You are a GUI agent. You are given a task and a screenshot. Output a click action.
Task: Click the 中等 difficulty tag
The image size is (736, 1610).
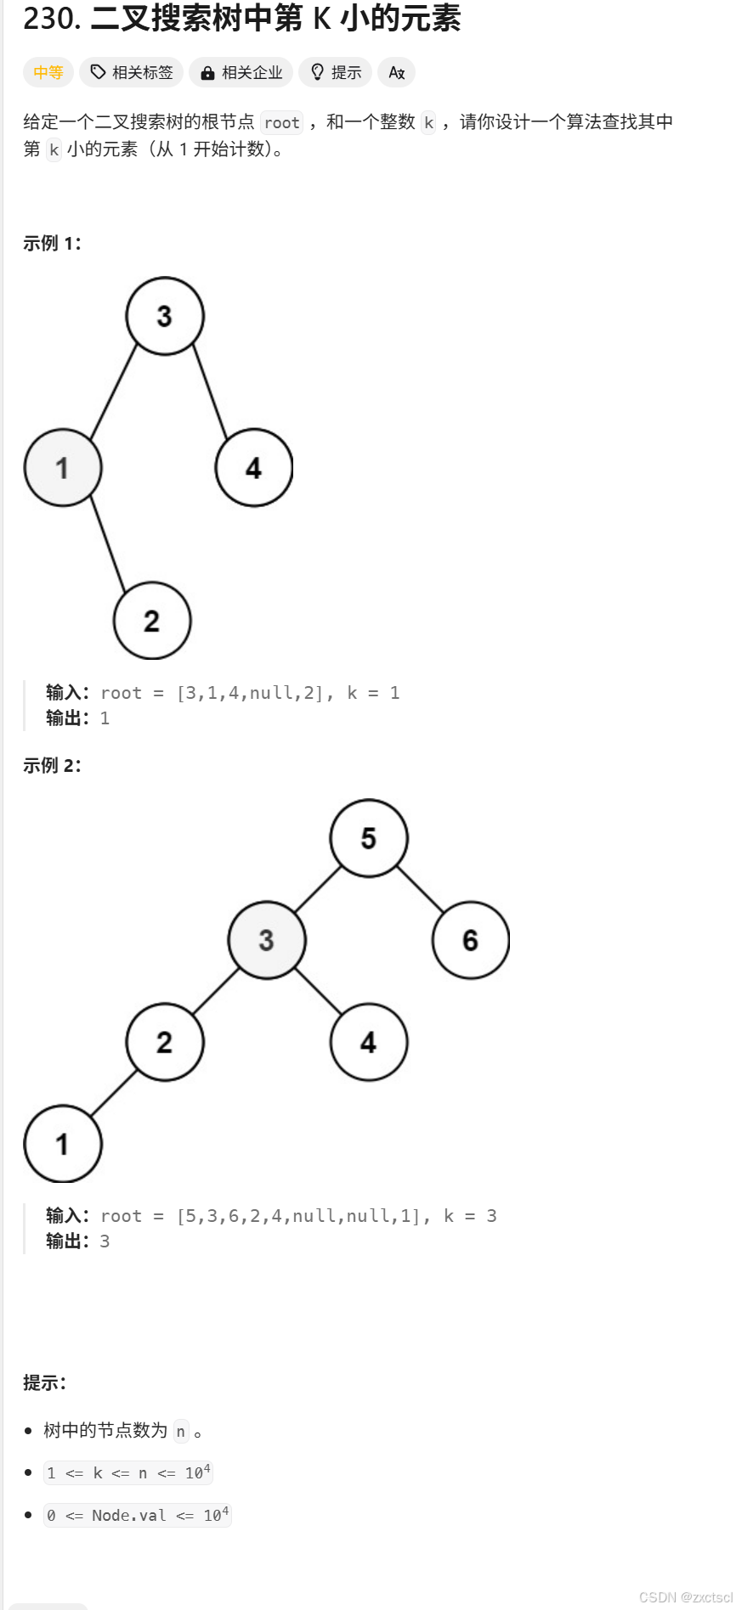coord(48,73)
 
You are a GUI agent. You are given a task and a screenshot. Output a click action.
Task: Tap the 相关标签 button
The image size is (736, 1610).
coord(132,73)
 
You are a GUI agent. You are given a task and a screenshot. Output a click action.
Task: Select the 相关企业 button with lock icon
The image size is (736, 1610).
coord(241,73)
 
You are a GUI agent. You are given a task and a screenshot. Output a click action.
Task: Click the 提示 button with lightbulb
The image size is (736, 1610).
coord(336,73)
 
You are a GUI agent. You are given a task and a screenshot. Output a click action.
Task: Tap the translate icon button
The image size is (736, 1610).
coord(397,73)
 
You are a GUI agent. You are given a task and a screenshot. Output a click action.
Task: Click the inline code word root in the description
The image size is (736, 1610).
coord(281,123)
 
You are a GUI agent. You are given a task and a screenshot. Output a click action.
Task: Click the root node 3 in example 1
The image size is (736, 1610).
coord(165,316)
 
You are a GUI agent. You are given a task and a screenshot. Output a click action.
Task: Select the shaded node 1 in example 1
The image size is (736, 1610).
coord(63,468)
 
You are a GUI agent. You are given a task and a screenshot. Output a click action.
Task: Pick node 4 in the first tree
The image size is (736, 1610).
coord(253,468)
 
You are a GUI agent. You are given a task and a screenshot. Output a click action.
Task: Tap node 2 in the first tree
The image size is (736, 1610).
coord(152,621)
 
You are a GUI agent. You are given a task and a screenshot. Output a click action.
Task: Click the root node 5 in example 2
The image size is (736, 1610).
coord(369,838)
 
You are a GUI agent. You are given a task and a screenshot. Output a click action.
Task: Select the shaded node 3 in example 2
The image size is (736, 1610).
coord(267,940)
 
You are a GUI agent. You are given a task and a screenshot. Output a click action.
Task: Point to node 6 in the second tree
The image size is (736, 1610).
coord(470,940)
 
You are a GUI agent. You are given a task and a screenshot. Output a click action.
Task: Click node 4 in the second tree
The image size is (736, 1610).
coord(369,1042)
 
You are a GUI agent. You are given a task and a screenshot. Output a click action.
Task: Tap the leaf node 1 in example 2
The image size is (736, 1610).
coord(63,1144)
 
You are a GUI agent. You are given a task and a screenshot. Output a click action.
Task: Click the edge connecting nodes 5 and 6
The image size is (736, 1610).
coord(420,889)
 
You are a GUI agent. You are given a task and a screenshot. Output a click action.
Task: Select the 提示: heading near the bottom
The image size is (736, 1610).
coord(45,1383)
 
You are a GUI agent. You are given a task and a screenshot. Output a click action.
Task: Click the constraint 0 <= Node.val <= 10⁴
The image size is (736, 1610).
coord(138,1516)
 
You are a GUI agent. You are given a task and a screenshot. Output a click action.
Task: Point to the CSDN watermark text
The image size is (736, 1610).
coord(685,1597)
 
